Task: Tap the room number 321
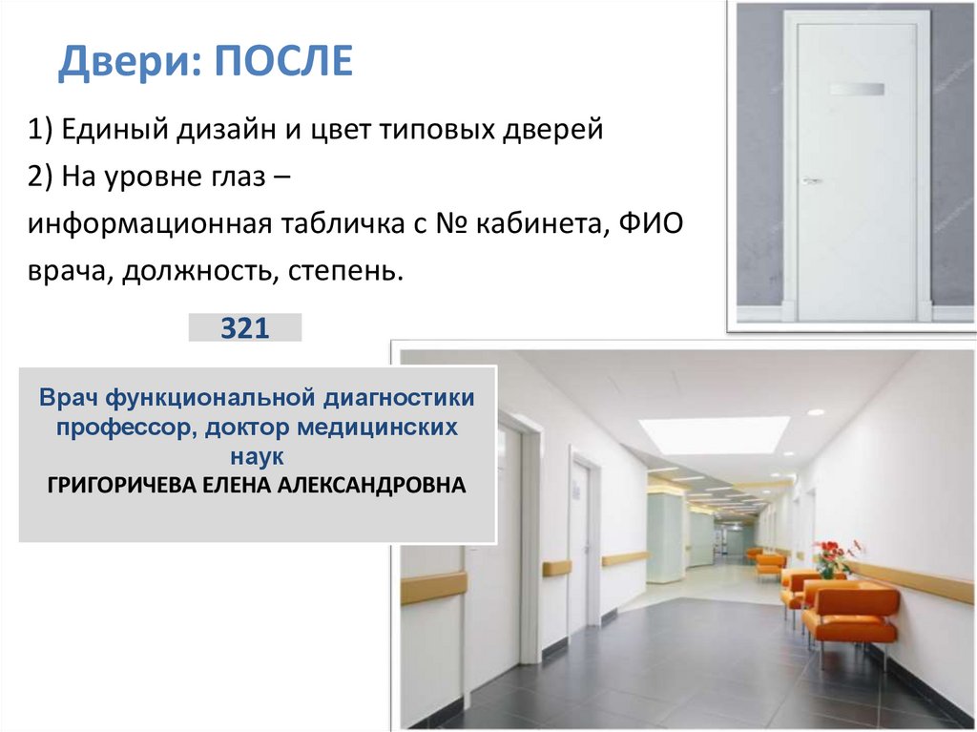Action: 245,328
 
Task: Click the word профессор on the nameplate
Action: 121,427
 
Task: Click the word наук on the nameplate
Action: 258,455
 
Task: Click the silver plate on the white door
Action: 857,90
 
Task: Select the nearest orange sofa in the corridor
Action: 849,613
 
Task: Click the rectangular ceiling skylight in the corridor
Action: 714,434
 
